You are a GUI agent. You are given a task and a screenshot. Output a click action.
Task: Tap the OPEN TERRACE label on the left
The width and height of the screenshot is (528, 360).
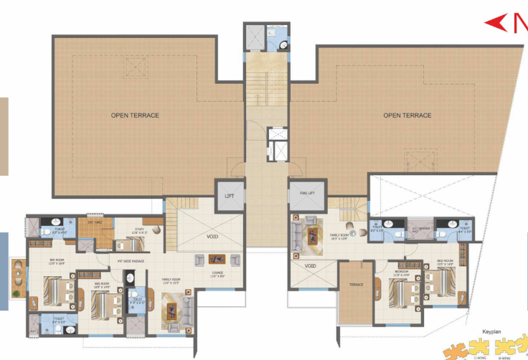(x=135, y=115)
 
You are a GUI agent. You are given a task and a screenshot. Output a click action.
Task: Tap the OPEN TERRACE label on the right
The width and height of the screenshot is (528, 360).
(x=407, y=115)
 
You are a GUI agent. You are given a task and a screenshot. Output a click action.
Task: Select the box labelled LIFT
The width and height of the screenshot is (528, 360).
(x=229, y=195)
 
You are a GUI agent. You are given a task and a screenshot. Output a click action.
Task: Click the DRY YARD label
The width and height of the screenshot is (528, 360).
(x=95, y=222)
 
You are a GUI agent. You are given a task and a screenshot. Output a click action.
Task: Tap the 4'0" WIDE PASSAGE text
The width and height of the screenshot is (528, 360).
(x=130, y=261)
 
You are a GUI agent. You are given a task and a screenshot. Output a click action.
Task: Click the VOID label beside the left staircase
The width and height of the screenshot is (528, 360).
(x=212, y=237)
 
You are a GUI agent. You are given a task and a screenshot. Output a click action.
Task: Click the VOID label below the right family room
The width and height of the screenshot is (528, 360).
(x=310, y=266)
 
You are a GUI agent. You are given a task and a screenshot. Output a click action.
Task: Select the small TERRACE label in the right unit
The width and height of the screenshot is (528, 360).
(x=357, y=285)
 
